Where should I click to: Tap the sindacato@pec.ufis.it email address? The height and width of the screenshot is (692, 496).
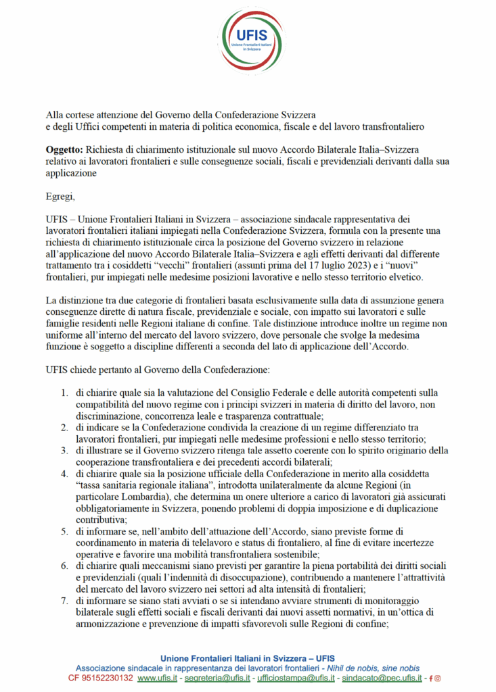point(382,677)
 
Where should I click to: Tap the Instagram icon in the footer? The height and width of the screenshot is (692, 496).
point(437,677)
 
